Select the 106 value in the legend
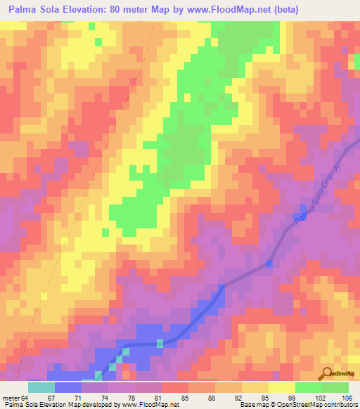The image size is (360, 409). pos(348,397)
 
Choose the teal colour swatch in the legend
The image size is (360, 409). pos(41,387)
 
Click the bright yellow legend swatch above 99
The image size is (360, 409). pos(282,387)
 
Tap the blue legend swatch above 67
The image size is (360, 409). pos(68,387)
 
